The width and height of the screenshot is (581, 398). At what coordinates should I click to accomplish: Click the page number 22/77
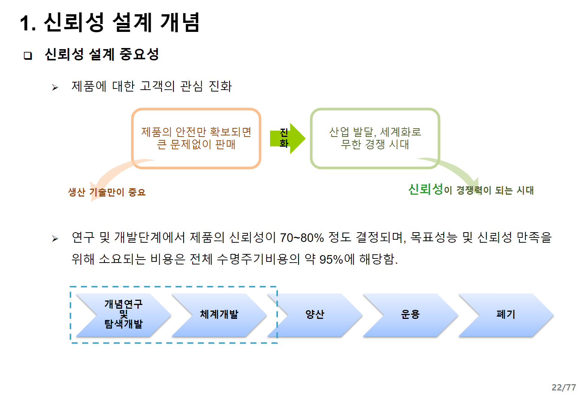pos(563,387)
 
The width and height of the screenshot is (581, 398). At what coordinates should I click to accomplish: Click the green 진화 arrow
pos(287,138)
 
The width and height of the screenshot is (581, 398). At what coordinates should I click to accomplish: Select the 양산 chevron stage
pos(315,314)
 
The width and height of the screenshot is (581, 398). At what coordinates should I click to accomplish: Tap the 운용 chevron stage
pos(410,314)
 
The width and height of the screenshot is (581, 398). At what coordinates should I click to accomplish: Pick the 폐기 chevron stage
pos(506,314)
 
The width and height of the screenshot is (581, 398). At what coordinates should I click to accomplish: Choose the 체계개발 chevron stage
pos(219,314)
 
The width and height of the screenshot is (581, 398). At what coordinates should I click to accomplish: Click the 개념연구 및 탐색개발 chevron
pos(123,314)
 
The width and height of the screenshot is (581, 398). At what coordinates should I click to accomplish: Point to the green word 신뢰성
pos(426,189)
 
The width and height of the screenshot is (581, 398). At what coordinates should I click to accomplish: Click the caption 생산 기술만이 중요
pos(107,192)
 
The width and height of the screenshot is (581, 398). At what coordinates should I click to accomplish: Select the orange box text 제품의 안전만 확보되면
pos(196,132)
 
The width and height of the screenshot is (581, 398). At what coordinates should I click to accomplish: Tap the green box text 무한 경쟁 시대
pos(375,144)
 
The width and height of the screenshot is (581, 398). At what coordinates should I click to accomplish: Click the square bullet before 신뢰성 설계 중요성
pos(28,56)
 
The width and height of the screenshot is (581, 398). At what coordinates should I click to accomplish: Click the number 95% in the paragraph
pos(331,259)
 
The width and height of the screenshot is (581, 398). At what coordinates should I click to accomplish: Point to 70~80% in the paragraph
pos(302,237)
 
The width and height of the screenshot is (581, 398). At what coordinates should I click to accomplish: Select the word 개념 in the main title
pos(180,23)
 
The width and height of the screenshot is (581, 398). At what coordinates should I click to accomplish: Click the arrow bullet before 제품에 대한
pos(55,87)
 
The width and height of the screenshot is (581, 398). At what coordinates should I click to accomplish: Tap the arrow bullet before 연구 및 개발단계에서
pos(55,239)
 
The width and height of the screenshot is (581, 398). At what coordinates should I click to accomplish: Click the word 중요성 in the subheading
pos(139,54)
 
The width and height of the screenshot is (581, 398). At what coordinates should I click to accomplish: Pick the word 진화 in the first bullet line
pos(220,86)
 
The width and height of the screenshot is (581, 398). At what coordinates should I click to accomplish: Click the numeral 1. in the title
pos(28,23)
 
